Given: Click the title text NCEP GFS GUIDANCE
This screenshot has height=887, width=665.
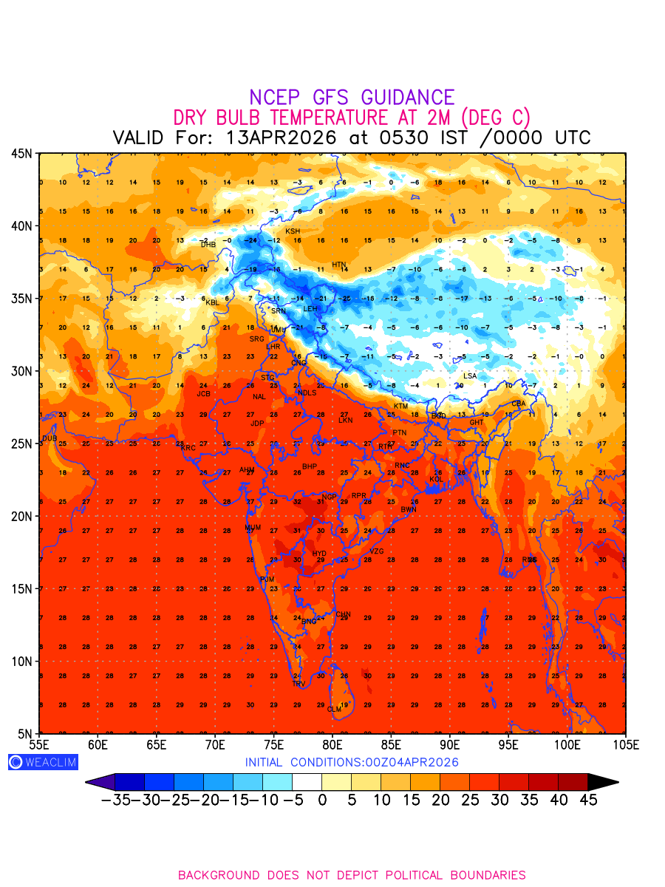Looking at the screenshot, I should [x=352, y=98].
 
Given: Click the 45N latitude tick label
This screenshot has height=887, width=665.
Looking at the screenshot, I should [x=21, y=154].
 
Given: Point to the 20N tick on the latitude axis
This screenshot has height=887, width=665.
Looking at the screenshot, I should [x=21, y=516].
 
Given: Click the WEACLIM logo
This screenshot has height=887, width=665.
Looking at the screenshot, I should [x=43, y=762].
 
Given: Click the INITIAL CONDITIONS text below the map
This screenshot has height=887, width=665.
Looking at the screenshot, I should [x=352, y=762].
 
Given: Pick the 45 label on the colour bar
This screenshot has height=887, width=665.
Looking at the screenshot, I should [x=587, y=800].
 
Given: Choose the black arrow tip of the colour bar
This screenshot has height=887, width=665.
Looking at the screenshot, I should [x=604, y=782].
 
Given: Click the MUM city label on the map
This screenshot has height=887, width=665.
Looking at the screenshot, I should [x=253, y=528].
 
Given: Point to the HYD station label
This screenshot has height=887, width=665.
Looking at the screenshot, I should [x=319, y=554].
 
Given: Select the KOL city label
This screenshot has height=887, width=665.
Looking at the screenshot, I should [x=437, y=480].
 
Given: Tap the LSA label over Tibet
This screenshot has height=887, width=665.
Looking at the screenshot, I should [x=470, y=376].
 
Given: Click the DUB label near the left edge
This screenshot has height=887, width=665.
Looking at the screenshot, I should [x=50, y=438].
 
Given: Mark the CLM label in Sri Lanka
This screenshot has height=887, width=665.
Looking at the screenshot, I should [x=334, y=710].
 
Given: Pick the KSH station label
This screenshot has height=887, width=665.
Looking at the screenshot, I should [x=293, y=231].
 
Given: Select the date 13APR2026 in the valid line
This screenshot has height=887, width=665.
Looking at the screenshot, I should [x=283, y=138].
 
